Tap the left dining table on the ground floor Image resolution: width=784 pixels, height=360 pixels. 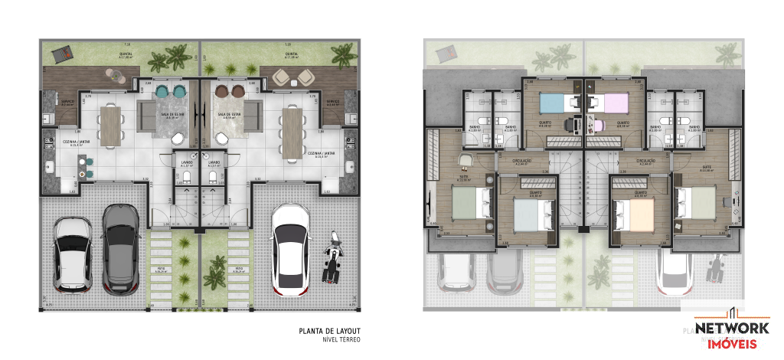112,126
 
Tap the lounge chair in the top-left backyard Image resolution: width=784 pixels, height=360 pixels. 62,54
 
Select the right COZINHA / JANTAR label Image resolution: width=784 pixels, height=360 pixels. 322,153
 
